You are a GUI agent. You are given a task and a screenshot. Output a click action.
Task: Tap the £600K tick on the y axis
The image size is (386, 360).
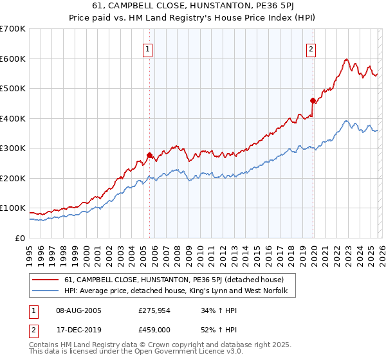click(x=13, y=59)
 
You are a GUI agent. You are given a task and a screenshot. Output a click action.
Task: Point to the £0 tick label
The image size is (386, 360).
click(x=20, y=238)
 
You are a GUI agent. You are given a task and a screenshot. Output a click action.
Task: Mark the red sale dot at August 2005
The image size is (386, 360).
click(x=150, y=155)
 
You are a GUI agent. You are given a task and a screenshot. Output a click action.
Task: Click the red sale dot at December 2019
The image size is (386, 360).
click(x=313, y=100)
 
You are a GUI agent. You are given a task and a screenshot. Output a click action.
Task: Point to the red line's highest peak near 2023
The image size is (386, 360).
click(x=346, y=60)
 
